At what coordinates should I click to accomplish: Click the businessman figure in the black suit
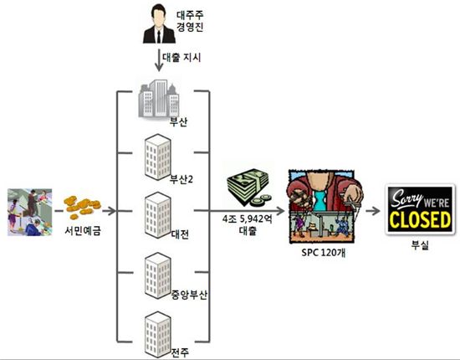(x=159, y=24)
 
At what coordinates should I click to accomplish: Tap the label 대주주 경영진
(x=190, y=21)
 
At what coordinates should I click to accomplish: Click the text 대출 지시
(x=181, y=57)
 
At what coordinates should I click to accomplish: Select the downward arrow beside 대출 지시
(x=159, y=60)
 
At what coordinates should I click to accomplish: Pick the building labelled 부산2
(x=158, y=157)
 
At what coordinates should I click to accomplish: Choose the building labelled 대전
(x=158, y=215)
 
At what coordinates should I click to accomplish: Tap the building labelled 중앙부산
(x=158, y=275)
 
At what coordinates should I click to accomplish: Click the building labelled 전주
(x=158, y=335)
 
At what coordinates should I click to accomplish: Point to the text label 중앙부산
(x=189, y=295)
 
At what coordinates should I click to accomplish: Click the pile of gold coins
(x=82, y=207)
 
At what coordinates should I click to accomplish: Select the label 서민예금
(x=83, y=231)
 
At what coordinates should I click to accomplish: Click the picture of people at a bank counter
(x=29, y=212)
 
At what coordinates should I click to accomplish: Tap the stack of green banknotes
(x=248, y=187)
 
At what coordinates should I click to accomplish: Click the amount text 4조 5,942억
(x=248, y=219)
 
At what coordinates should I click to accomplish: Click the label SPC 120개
(x=324, y=253)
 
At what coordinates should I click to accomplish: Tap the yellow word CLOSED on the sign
(x=420, y=219)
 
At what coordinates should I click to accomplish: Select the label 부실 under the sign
(x=420, y=244)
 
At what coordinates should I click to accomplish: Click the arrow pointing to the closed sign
(x=373, y=210)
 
